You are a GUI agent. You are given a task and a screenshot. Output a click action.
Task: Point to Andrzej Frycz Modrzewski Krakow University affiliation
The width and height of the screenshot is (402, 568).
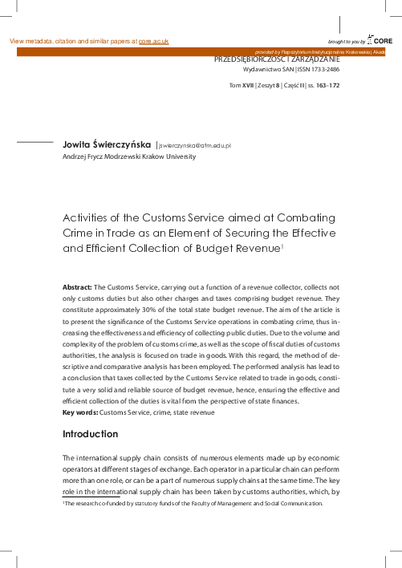128,157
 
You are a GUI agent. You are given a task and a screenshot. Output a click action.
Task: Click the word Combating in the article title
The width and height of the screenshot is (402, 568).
303,217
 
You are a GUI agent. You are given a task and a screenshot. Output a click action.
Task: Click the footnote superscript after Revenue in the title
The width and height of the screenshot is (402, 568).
282,245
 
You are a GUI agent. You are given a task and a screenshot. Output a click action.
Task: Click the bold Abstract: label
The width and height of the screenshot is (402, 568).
77,286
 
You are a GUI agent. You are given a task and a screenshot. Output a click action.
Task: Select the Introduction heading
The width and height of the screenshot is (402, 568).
90,434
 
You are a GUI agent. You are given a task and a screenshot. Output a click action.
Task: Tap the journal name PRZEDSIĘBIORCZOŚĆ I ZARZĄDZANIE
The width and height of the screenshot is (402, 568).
276,59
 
